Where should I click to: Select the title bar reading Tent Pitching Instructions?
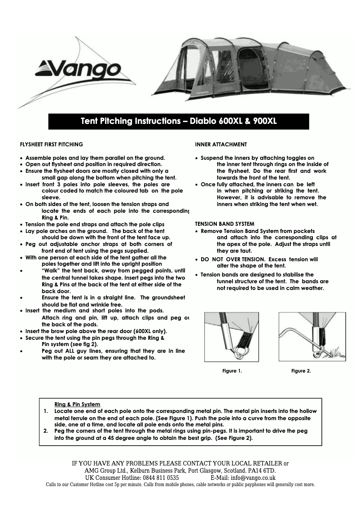point(179,121)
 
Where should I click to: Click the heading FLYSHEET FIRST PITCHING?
point(52,145)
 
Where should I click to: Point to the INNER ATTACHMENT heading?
point(221,145)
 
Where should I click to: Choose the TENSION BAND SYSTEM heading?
point(224,224)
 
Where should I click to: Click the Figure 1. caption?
point(232,371)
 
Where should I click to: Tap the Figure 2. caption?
point(301,371)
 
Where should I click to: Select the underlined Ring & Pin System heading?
point(77,404)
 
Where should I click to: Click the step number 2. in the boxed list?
point(46,431)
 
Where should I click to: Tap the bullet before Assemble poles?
point(22,158)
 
